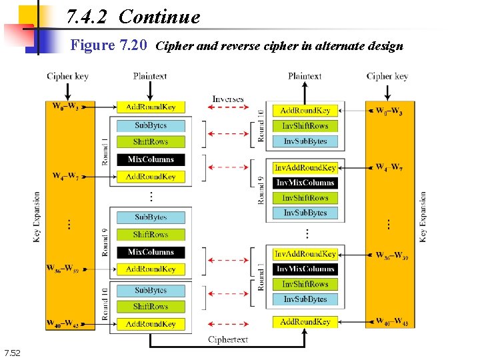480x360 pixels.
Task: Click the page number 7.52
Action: tap(13, 353)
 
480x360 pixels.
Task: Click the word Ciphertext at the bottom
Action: tap(228, 339)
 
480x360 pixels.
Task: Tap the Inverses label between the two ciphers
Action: tap(228, 99)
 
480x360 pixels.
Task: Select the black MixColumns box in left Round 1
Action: tap(151, 159)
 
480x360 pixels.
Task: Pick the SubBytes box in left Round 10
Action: tap(151, 291)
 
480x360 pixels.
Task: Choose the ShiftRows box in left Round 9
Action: tap(151, 235)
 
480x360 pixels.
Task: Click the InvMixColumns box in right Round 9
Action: tap(305, 183)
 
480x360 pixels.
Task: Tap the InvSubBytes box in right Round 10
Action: tap(305, 141)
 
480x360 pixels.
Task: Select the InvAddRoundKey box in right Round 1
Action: tap(305, 254)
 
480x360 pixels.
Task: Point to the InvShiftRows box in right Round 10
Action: tap(305, 126)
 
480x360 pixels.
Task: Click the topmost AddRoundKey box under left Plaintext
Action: tap(151, 107)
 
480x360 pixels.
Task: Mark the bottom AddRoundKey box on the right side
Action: tap(305, 322)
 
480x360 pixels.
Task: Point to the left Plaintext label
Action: tap(150, 77)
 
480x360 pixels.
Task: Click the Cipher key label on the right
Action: tap(387, 77)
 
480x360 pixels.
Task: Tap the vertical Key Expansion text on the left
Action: tap(37, 217)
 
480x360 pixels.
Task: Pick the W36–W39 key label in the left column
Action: tap(63, 269)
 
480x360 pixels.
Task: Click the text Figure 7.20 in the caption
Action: tap(109, 46)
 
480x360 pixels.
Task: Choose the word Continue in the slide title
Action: tap(159, 17)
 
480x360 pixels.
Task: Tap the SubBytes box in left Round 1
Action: tap(151, 125)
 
